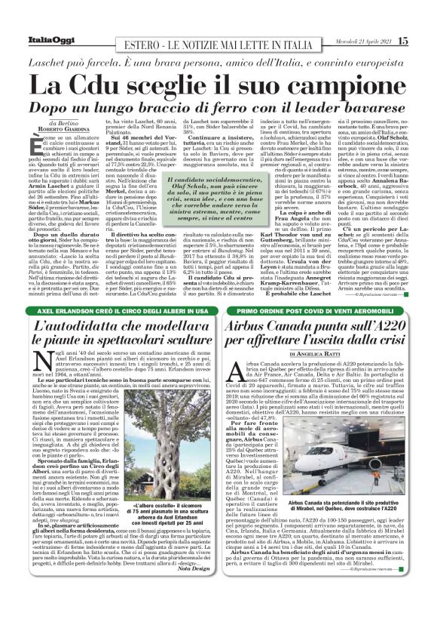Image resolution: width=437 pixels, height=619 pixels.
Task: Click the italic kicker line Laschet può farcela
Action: (x=218, y=58)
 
